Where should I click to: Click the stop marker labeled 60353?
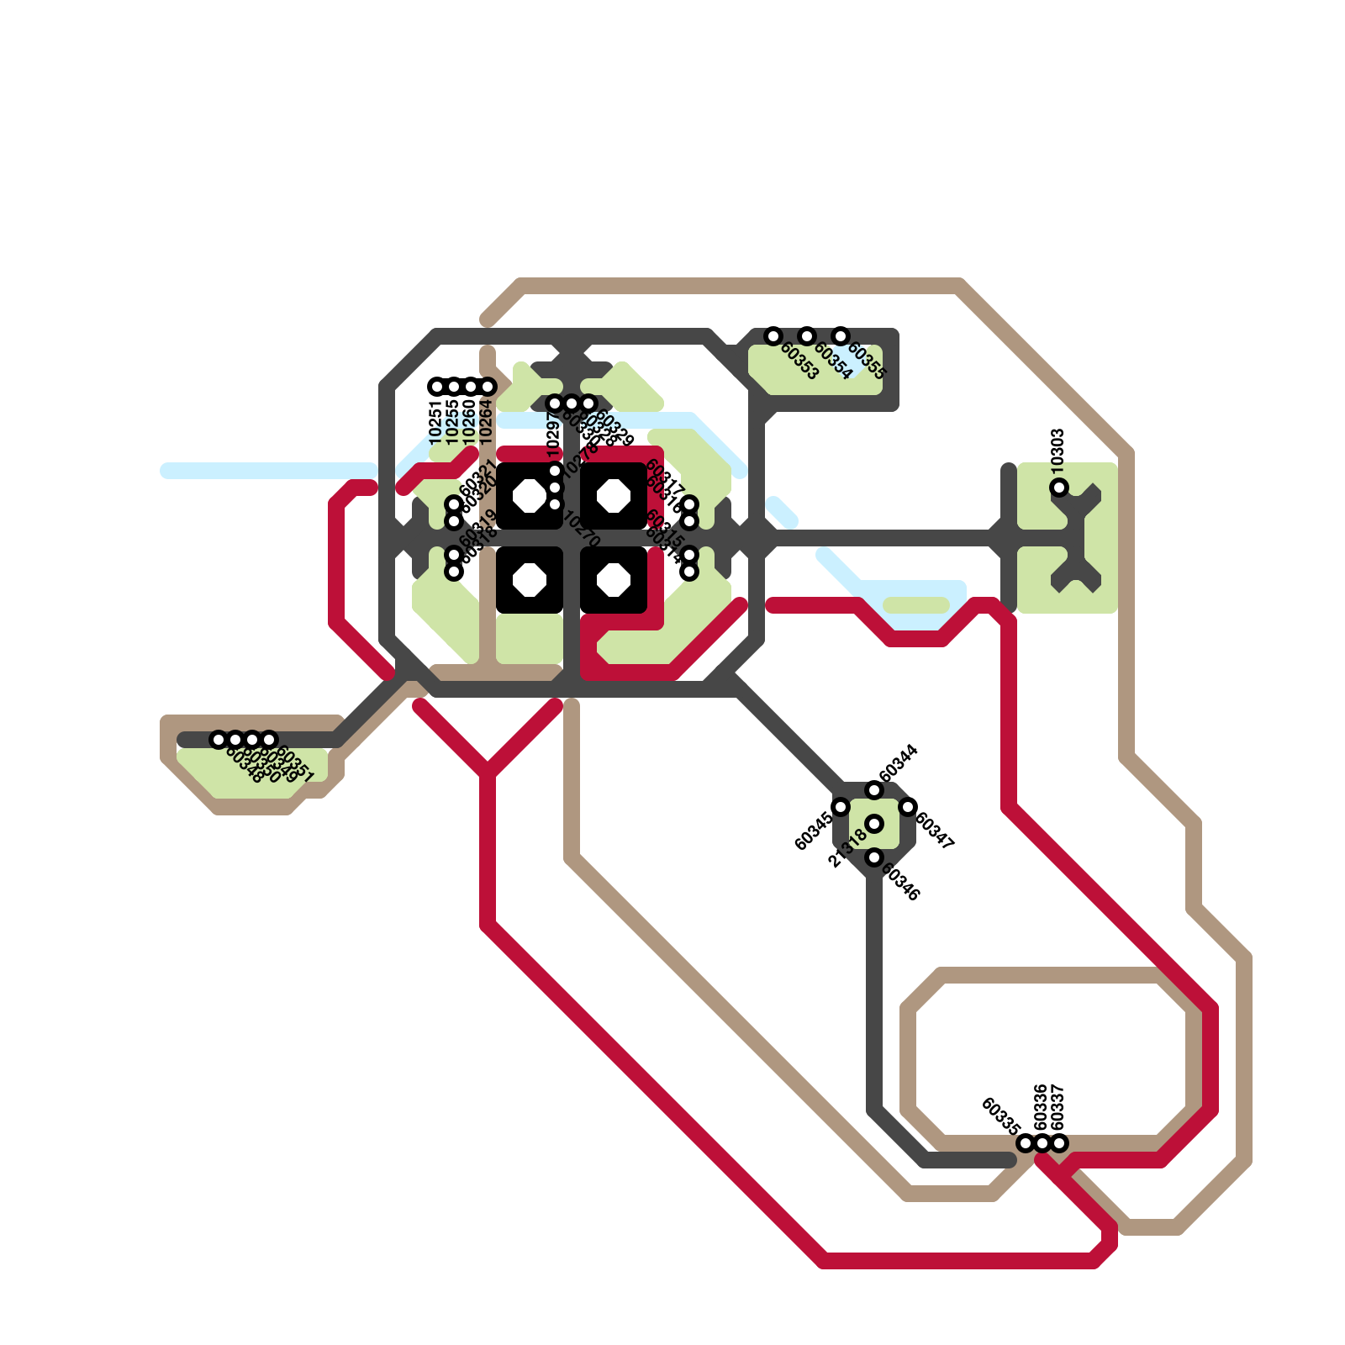click(773, 336)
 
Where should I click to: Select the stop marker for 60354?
click(807, 336)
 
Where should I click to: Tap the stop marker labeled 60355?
click(841, 336)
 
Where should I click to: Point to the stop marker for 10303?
click(1059, 488)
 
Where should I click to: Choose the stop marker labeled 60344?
click(874, 790)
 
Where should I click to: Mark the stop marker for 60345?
click(841, 807)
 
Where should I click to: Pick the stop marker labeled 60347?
click(908, 807)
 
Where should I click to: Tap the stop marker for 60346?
click(874, 857)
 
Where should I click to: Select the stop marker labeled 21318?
click(874, 824)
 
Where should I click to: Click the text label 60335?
click(1000, 1116)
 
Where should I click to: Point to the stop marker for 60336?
click(1042, 1143)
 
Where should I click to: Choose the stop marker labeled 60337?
click(1059, 1143)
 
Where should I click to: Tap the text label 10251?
click(435, 422)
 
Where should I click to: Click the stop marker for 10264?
click(488, 387)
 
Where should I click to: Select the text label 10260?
click(469, 422)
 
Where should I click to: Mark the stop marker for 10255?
click(454, 387)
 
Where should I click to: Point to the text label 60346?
click(900, 882)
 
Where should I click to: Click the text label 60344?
click(898, 763)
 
